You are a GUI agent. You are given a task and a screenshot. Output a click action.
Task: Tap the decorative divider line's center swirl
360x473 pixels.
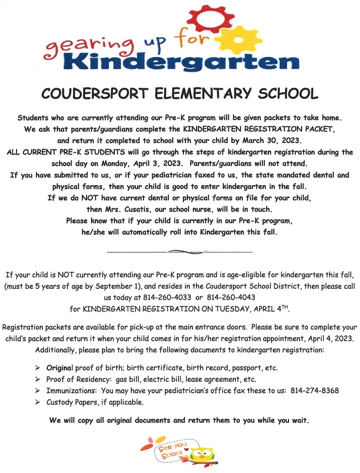179,251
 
